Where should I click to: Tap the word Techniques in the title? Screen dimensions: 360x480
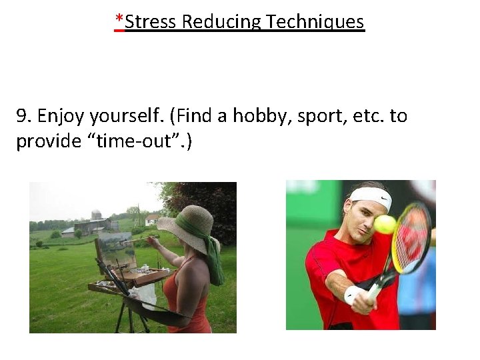coord(315,21)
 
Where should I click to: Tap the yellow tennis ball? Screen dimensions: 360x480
coord(385,224)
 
